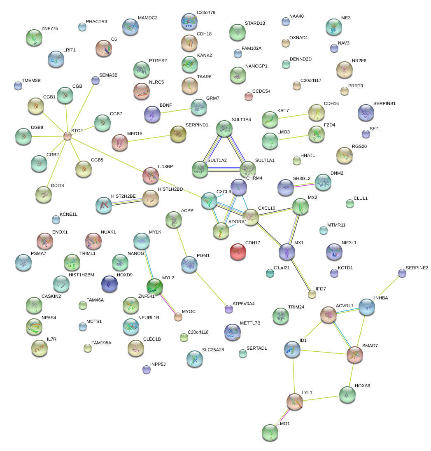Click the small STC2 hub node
click(x=67, y=136)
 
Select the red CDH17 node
click(x=238, y=252)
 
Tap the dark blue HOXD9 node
click(x=109, y=284)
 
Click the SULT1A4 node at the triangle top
click(x=224, y=129)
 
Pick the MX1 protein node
click(x=287, y=252)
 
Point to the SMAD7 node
click(x=355, y=355)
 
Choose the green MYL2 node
click(x=155, y=287)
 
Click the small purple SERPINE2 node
click(x=402, y=273)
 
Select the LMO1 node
click(x=270, y=432)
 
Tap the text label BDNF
click(x=166, y=105)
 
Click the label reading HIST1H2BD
click(x=170, y=189)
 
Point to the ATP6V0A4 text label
click(x=244, y=304)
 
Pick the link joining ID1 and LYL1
click(x=294, y=376)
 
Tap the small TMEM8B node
click(x=18, y=86)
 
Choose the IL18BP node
click(x=151, y=175)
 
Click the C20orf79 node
click(x=189, y=21)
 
